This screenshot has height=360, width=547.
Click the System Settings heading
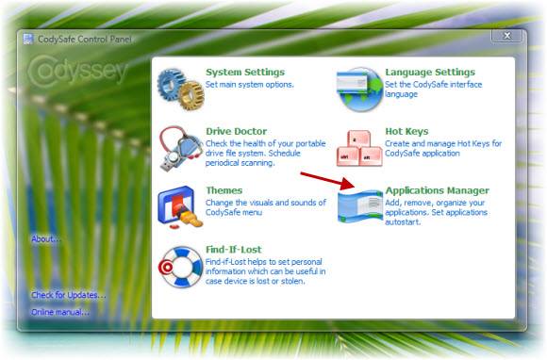pos(244,73)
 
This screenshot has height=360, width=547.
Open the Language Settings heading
pos(429,73)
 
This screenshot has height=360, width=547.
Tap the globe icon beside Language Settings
pos(359,89)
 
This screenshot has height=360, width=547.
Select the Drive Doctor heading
pos(236,132)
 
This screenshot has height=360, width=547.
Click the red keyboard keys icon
pos(359,148)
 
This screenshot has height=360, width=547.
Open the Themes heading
pos(224,190)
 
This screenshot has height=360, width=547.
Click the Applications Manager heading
pos(437,190)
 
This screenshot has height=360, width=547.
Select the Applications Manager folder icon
pos(359,205)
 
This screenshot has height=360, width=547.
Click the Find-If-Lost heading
pos(233,250)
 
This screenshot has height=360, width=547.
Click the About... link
pos(46,238)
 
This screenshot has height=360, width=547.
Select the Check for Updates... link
pos(68,295)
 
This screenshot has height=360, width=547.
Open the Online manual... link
pos(60,312)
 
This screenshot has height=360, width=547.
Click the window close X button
pos(507,36)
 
